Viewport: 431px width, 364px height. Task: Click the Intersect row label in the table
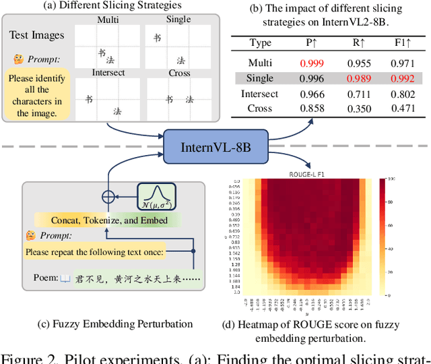pyautogui.click(x=259, y=94)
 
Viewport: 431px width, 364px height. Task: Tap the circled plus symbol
pyautogui.click(x=108, y=198)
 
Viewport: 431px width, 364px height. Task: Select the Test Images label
pyautogui.click(x=36, y=34)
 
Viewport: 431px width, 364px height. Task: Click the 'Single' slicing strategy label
pyautogui.click(x=178, y=20)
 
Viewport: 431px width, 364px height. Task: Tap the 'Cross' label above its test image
pyautogui.click(x=178, y=72)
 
